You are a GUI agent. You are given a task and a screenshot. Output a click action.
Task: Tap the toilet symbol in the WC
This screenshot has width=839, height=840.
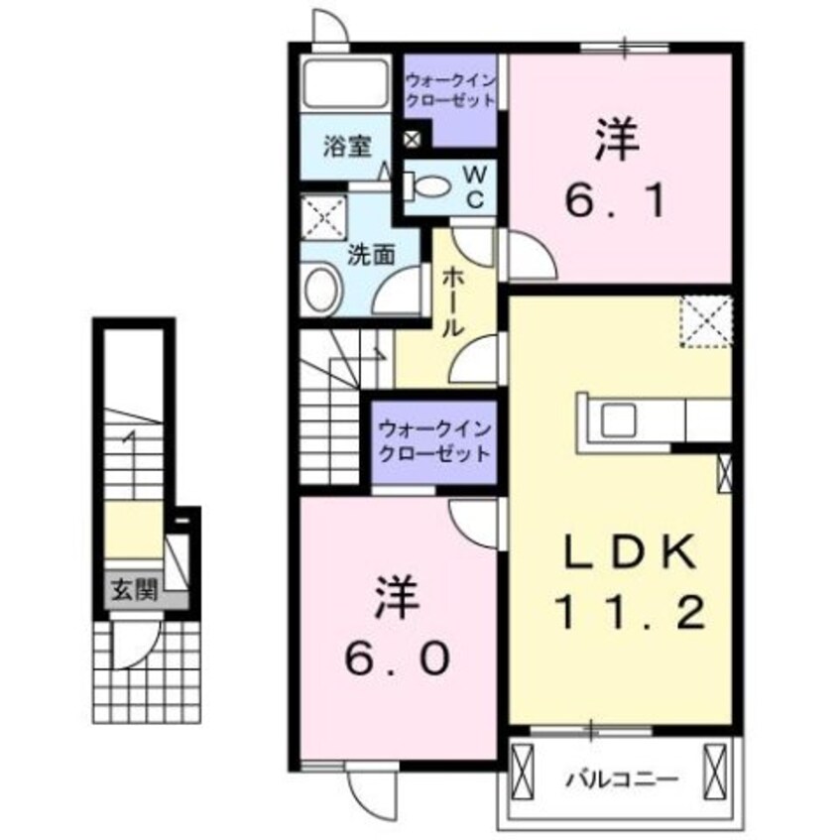pos(429,186)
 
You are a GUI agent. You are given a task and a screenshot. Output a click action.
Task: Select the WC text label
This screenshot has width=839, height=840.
pos(475,186)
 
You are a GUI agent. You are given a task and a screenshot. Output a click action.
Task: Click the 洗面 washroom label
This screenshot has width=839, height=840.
pos(371,253)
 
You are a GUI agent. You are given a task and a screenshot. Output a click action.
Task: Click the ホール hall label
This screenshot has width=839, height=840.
pos(449,301)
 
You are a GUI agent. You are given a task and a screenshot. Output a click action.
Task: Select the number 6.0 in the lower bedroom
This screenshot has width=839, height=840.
pos(396,654)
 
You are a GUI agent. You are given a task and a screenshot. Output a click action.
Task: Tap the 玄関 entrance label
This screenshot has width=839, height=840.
pos(133,592)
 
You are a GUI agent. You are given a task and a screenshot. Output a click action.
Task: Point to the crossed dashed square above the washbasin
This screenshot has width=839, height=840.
pos(322,218)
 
